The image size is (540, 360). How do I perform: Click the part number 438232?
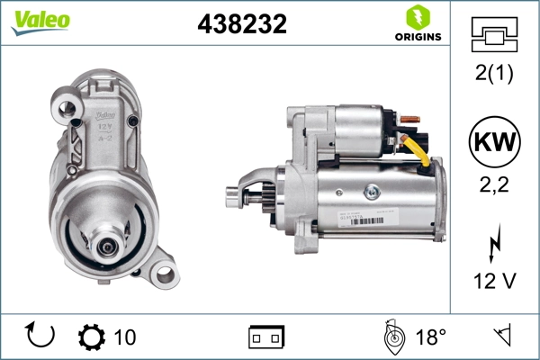point(242,25)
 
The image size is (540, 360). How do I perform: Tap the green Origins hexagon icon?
point(416,17)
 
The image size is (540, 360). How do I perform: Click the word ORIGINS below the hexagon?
point(416,37)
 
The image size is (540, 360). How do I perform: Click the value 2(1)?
point(494,75)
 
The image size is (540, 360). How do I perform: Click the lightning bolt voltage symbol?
point(495,246)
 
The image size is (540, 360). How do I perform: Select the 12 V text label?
point(494,282)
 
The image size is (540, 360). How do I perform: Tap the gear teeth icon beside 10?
point(92,337)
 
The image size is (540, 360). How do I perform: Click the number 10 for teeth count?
point(125,337)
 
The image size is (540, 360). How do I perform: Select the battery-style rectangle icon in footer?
point(266,337)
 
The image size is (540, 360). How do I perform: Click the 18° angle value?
point(431,337)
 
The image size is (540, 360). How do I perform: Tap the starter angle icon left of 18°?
point(392,336)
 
